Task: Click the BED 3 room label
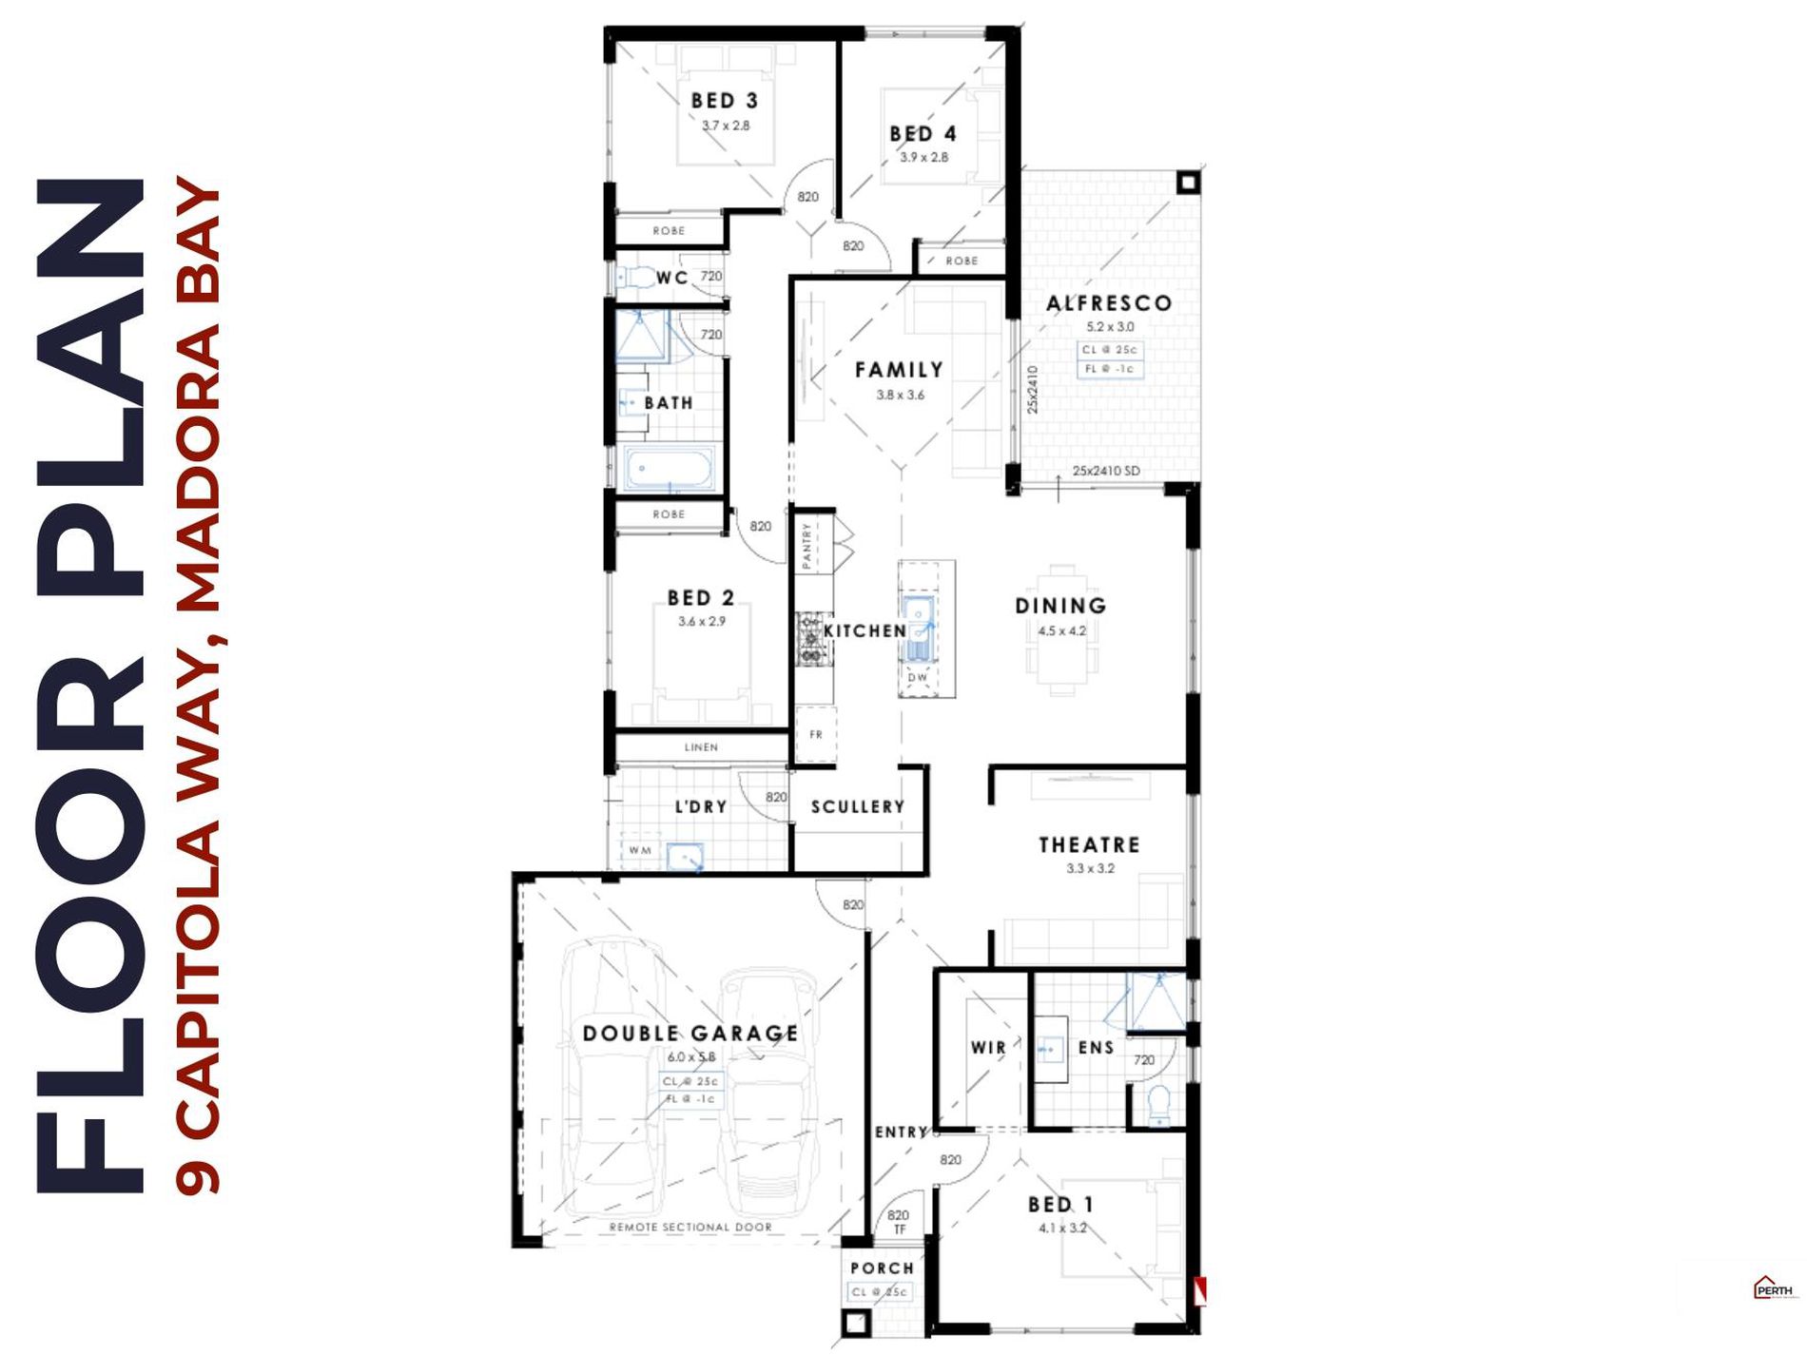(x=725, y=101)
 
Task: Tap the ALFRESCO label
(x=1109, y=303)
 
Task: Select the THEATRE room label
(x=1089, y=844)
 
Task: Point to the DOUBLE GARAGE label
(x=690, y=1034)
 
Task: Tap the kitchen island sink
(x=920, y=628)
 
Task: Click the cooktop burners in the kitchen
(x=810, y=639)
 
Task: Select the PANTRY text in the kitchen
(x=807, y=546)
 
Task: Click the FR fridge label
(x=816, y=734)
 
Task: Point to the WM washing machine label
(x=640, y=850)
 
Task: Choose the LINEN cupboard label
(x=701, y=747)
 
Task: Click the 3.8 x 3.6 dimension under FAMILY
(x=900, y=395)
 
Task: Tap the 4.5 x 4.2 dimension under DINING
(x=1061, y=630)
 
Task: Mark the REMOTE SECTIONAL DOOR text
(x=690, y=1228)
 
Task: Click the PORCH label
(x=882, y=1268)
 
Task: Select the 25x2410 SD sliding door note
(x=1106, y=471)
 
